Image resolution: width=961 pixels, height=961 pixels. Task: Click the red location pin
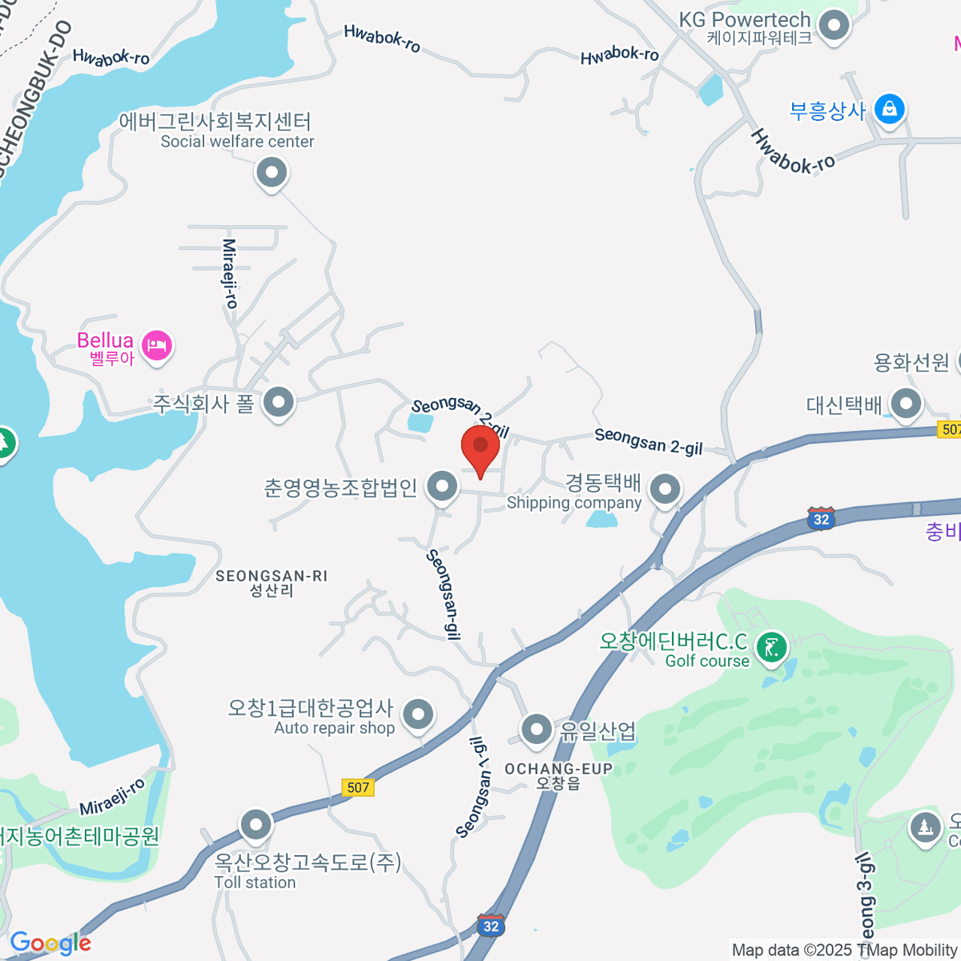coord(480,445)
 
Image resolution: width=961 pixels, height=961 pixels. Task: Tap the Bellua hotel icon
coord(157,347)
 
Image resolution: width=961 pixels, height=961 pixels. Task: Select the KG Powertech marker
coord(836,26)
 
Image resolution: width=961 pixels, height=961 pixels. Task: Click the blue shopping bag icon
coord(889,109)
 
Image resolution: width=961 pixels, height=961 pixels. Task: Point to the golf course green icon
coord(772,647)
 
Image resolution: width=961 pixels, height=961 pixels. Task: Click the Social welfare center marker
coord(271,172)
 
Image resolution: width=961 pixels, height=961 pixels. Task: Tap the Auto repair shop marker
coord(417,714)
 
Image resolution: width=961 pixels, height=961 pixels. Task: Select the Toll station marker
coord(256,824)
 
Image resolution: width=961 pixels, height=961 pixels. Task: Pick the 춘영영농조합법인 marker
coord(441,485)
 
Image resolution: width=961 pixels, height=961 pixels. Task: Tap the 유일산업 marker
coord(536,730)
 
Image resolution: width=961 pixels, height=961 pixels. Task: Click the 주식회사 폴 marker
coord(279,402)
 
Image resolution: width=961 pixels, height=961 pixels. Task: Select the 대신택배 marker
coord(906,404)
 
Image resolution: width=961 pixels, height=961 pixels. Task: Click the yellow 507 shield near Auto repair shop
coord(358,787)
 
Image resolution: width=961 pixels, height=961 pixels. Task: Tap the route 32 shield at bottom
coord(491,927)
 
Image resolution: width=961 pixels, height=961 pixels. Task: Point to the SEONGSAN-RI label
coord(271,576)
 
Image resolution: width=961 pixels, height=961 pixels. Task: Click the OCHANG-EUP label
coord(558,769)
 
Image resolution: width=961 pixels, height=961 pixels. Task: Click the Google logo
coord(50,943)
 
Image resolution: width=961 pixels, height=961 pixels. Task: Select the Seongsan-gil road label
coord(444,594)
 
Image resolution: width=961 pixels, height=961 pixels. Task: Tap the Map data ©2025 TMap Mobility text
coord(844,950)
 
